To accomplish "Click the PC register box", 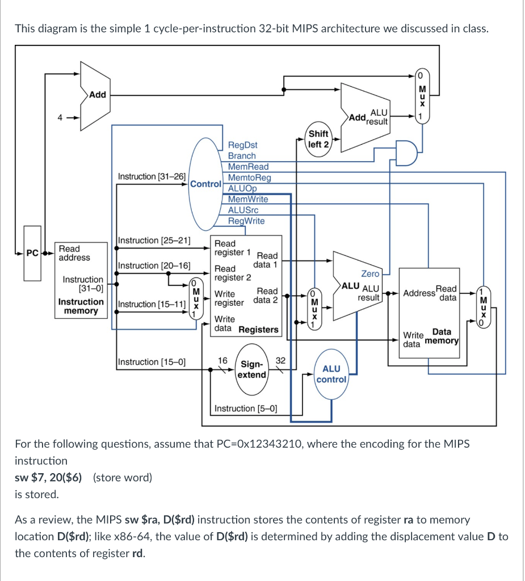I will click(x=32, y=253).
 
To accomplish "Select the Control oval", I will click(x=205, y=184).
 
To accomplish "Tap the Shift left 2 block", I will click(x=318, y=139).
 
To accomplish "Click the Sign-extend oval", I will click(x=252, y=370).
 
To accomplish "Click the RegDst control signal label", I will click(x=242, y=145).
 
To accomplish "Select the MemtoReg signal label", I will click(x=249, y=178).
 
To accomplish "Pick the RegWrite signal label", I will click(x=246, y=221).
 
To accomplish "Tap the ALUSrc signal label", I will click(x=243, y=210).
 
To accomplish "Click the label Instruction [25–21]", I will click(x=154, y=241).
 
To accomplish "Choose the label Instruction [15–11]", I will click(x=152, y=304).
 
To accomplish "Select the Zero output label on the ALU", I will click(x=369, y=273).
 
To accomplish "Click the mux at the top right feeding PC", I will click(x=421, y=96).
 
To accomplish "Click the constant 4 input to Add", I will click(x=57, y=119).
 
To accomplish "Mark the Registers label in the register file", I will click(x=258, y=330).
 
